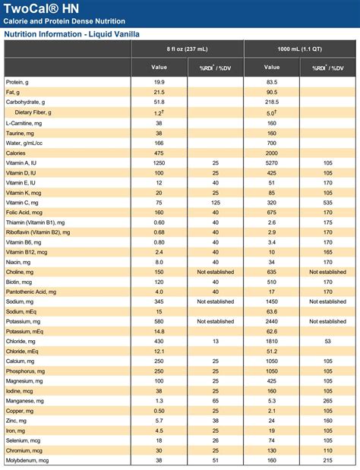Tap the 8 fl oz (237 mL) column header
click(x=187, y=49)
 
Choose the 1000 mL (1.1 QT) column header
click(x=301, y=49)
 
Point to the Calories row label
click(x=17, y=152)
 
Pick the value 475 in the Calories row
click(x=159, y=152)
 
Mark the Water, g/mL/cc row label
click(x=24, y=142)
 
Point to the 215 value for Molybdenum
click(x=328, y=459)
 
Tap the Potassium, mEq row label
click(x=24, y=331)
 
